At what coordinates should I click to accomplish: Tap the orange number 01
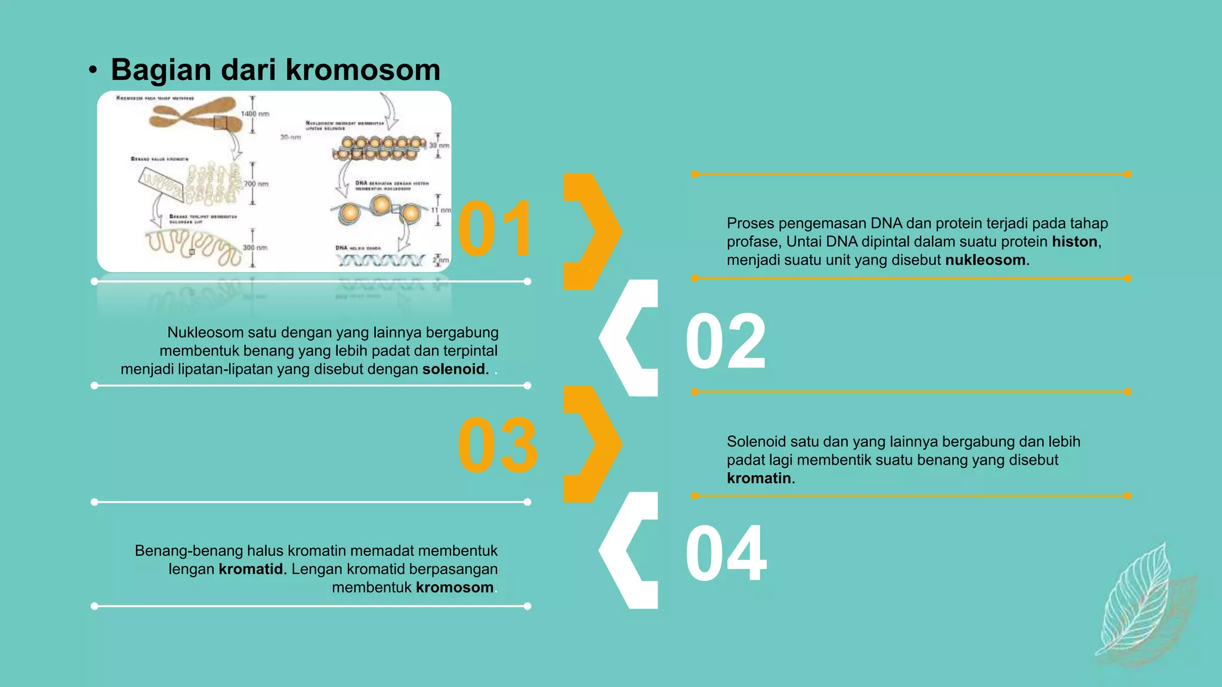(495, 229)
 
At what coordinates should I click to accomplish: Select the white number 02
(725, 342)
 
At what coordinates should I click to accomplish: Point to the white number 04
(726, 554)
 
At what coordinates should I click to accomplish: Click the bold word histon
(1074, 242)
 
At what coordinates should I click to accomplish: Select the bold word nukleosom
(985, 260)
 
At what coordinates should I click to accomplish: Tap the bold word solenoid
(453, 369)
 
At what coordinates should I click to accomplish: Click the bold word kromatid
(251, 569)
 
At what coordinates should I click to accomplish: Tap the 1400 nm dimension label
(255, 113)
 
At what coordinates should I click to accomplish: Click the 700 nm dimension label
(256, 184)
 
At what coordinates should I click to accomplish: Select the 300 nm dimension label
(255, 247)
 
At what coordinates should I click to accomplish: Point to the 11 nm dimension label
(441, 210)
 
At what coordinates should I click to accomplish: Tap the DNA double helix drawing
(381, 261)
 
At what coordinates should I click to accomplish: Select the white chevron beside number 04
(628, 550)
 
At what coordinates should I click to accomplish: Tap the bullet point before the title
(92, 70)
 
